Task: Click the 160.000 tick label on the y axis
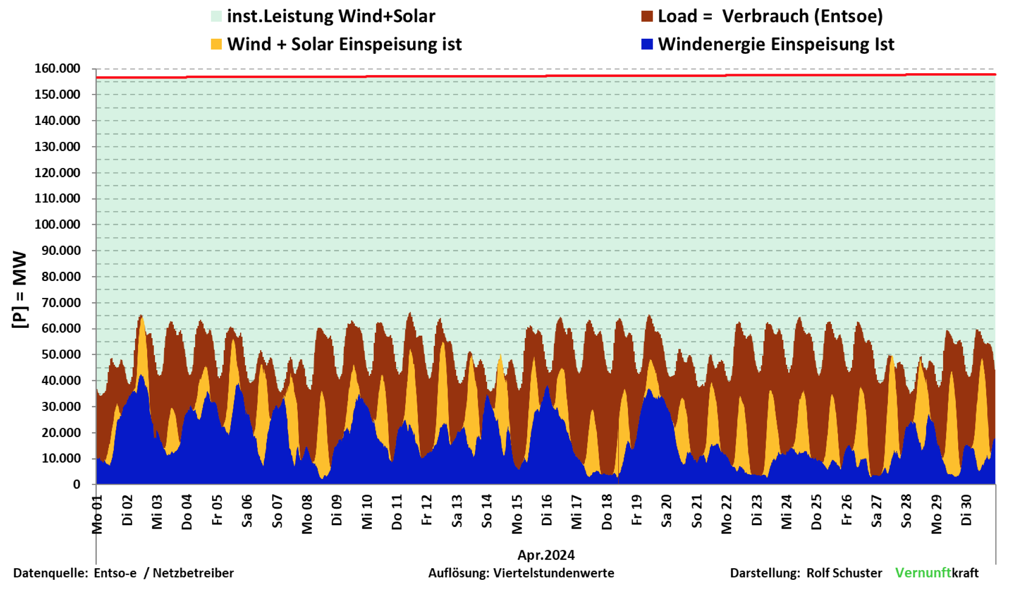pos(57,69)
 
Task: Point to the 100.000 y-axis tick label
pos(57,225)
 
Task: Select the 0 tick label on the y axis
pos(76,484)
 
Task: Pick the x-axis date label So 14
pos(487,511)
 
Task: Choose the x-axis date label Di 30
pos(966,510)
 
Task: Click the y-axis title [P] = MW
pos(19,290)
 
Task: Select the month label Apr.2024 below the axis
pos(546,555)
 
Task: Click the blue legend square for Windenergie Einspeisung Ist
pos(647,44)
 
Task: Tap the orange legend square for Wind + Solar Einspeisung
pos(216,44)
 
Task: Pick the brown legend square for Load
pos(647,16)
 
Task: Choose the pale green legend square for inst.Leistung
pos(216,16)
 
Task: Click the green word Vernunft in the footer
pos(923,573)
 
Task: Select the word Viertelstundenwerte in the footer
pos(553,573)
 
